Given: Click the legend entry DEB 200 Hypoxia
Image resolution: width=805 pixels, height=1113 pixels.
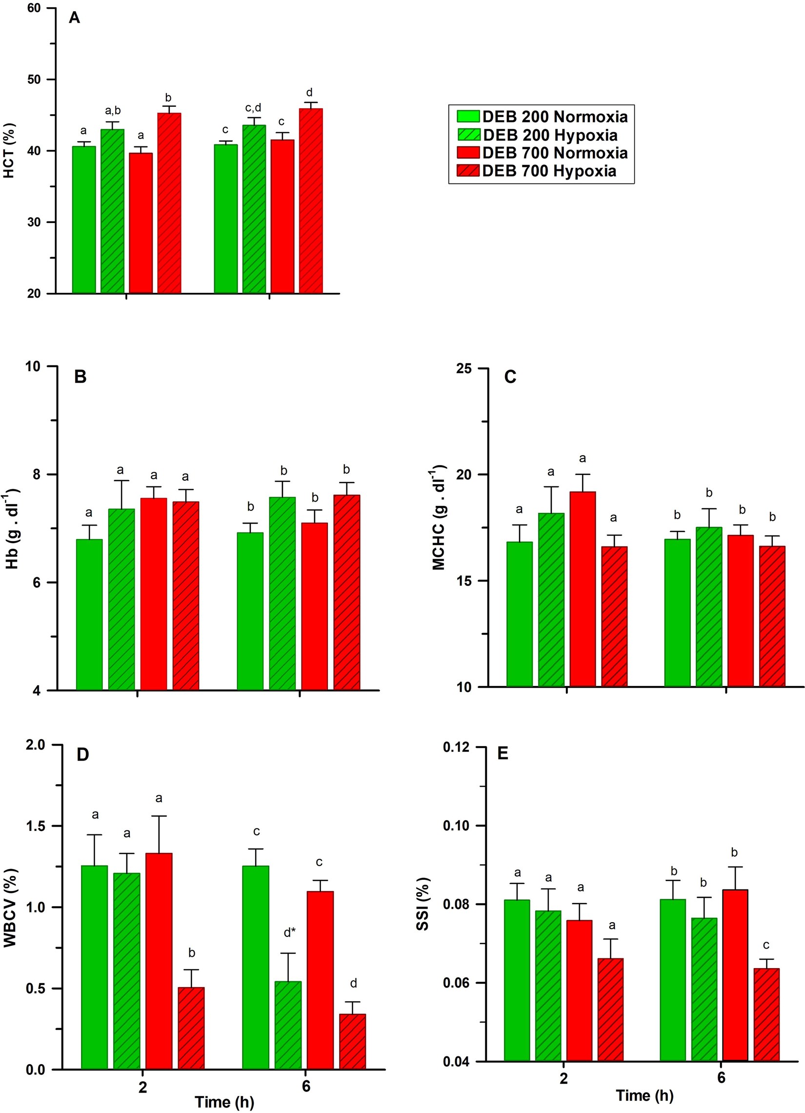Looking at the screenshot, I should coord(549,135).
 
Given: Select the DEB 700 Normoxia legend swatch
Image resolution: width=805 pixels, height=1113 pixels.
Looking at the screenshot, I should coord(468,153).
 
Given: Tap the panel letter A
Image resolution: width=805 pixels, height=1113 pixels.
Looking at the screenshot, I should coord(75,18).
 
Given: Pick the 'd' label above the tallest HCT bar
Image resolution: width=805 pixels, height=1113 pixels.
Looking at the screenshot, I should coord(309,93).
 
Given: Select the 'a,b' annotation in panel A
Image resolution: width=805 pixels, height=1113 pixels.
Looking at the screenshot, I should coord(113,111).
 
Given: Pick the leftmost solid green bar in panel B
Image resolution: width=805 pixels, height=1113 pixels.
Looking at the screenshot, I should coord(89,614).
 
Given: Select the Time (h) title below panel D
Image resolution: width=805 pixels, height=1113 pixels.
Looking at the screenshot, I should coord(224,1102).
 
